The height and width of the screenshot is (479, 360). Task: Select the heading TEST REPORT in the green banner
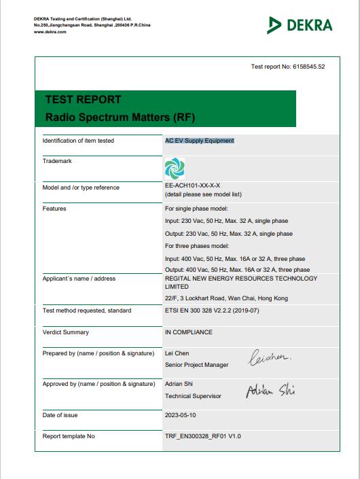(x=83, y=99)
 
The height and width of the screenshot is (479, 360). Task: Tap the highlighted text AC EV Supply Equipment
(x=200, y=141)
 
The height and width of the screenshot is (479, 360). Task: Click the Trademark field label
(x=57, y=161)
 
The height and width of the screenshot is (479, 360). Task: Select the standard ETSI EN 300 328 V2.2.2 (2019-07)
(x=212, y=311)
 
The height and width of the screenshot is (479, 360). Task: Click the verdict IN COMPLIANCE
(x=189, y=332)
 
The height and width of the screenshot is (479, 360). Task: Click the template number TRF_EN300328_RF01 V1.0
(x=202, y=436)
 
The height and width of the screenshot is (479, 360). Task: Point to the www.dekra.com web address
(x=50, y=31)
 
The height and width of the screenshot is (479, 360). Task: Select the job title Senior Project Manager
(x=197, y=365)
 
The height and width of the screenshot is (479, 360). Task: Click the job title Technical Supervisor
(x=193, y=395)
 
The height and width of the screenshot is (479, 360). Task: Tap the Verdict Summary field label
(x=65, y=332)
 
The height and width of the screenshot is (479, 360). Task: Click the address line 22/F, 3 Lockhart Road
(x=226, y=298)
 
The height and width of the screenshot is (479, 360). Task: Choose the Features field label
(x=54, y=209)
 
